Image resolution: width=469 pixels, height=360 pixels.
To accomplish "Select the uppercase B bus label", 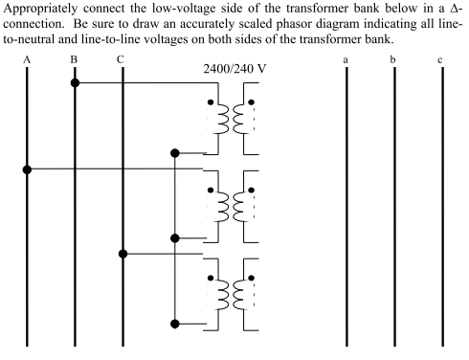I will tap(74, 60).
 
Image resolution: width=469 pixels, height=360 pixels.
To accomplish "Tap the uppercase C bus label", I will tap(120, 60).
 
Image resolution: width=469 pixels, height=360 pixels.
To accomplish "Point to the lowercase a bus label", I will tap(346, 61).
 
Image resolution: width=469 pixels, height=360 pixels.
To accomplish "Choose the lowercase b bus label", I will tap(393, 60).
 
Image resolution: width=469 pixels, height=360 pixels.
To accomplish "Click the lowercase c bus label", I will tap(440, 61).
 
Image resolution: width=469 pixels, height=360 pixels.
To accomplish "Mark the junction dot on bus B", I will tap(74, 82).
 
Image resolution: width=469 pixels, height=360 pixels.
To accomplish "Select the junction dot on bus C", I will tap(122, 254).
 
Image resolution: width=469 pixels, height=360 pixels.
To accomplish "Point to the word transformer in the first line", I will tap(312, 9).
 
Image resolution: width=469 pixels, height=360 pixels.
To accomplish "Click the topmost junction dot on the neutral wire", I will tap(174, 152).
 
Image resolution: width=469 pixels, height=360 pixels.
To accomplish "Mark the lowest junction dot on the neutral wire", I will tap(174, 323).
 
